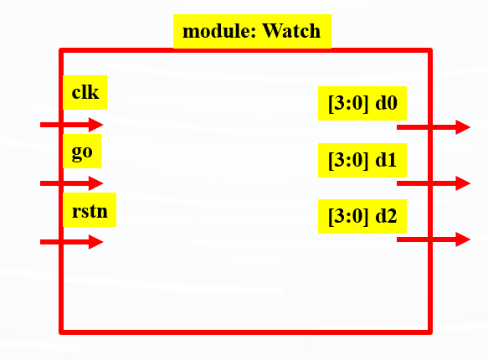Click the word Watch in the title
click(291, 31)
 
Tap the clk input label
click(85, 92)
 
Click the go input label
click(82, 152)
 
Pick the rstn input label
click(90, 211)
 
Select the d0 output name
click(386, 102)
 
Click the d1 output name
click(386, 160)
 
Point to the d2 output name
click(386, 216)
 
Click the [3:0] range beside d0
click(348, 103)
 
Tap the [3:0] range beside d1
click(348, 160)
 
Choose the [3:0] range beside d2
click(348, 216)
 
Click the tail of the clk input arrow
click(41, 125)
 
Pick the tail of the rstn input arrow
click(41, 242)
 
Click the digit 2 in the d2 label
click(392, 216)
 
